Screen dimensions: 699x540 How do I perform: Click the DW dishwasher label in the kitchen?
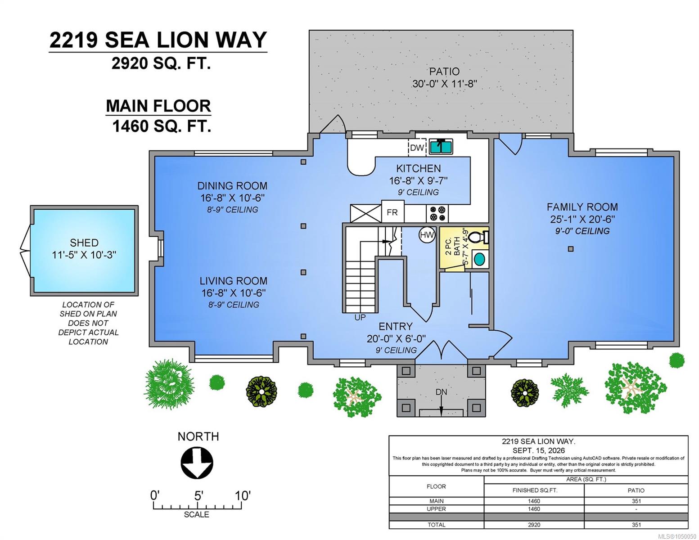pos(417,148)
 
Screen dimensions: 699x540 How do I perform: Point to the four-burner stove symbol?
pos(437,214)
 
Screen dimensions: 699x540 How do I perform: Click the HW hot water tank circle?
pos(427,235)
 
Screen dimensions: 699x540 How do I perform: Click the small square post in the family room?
pos(570,248)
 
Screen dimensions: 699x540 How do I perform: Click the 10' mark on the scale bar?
pos(242,495)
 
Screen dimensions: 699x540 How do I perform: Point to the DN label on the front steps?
pos(441,392)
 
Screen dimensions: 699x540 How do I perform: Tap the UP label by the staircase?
pos(360,317)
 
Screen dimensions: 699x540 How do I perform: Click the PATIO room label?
pos(444,72)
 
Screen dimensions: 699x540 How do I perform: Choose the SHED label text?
pos(84,243)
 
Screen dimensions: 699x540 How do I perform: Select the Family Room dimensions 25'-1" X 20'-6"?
pos(582,219)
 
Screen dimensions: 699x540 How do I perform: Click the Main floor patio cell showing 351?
pos(636,501)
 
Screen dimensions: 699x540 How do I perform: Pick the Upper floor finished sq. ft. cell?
pos(534,509)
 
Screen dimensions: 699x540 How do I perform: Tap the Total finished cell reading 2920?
pos(534,525)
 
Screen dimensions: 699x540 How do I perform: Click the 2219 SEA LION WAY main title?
pos(158,40)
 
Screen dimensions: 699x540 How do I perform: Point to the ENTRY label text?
pos(395,326)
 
